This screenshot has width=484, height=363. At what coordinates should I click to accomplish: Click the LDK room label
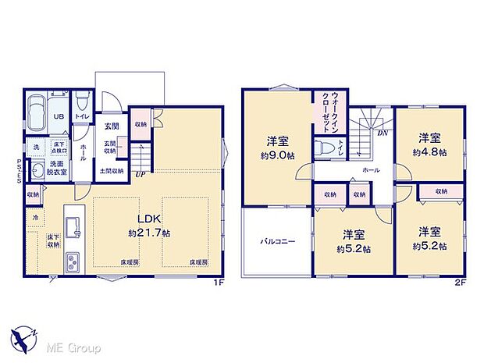coord(139,219)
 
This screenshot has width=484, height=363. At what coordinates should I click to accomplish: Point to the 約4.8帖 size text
coord(431,152)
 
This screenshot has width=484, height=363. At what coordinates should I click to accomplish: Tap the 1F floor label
coord(221,283)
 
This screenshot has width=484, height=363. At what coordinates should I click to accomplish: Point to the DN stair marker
coord(383,133)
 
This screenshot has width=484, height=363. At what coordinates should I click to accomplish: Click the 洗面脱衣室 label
coord(59,169)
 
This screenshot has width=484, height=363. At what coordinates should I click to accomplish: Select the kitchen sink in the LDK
coord(72,226)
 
